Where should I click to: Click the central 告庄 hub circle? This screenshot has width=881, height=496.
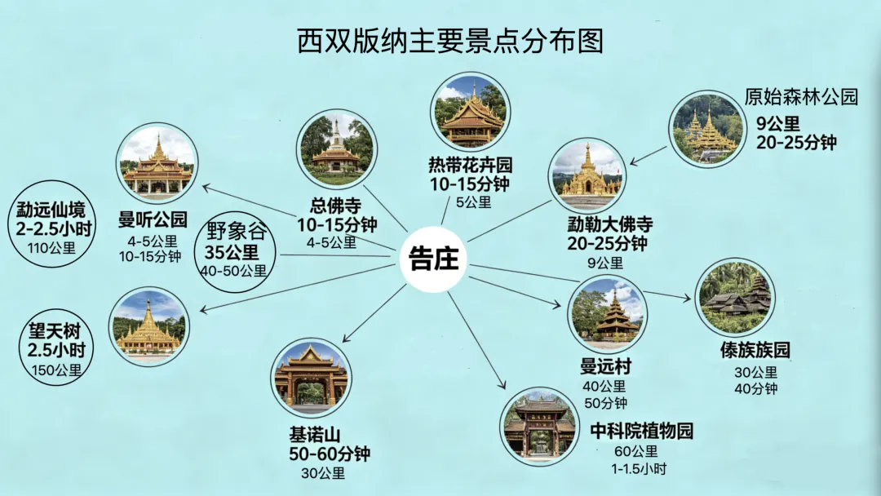(x=433, y=259)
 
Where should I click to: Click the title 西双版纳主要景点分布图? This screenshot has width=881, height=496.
(x=450, y=41)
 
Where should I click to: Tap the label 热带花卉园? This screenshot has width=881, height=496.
(x=471, y=165)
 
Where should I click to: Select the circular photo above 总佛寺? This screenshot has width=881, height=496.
(x=337, y=148)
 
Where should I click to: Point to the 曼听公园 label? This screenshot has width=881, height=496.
(x=153, y=219)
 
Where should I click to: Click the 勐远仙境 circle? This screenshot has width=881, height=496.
(x=51, y=223)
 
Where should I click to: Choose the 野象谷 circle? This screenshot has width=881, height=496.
(x=236, y=251)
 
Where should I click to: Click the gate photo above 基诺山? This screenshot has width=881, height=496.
(x=312, y=378)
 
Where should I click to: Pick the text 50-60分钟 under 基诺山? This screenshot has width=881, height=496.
(x=330, y=454)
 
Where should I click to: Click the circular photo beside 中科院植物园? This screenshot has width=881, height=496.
(x=539, y=427)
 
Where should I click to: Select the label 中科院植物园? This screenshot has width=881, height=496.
(x=642, y=431)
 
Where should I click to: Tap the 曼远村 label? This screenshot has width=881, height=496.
(x=605, y=367)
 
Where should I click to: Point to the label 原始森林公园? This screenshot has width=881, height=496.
(x=802, y=96)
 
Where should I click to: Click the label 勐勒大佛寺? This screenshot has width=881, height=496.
(x=610, y=224)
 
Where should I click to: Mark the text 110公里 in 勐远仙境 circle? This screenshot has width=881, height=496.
(x=51, y=248)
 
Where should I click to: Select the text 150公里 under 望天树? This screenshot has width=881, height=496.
(x=57, y=370)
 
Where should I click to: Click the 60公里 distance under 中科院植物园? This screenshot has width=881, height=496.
(x=636, y=451)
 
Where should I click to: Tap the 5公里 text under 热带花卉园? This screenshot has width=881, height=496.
(x=474, y=202)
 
